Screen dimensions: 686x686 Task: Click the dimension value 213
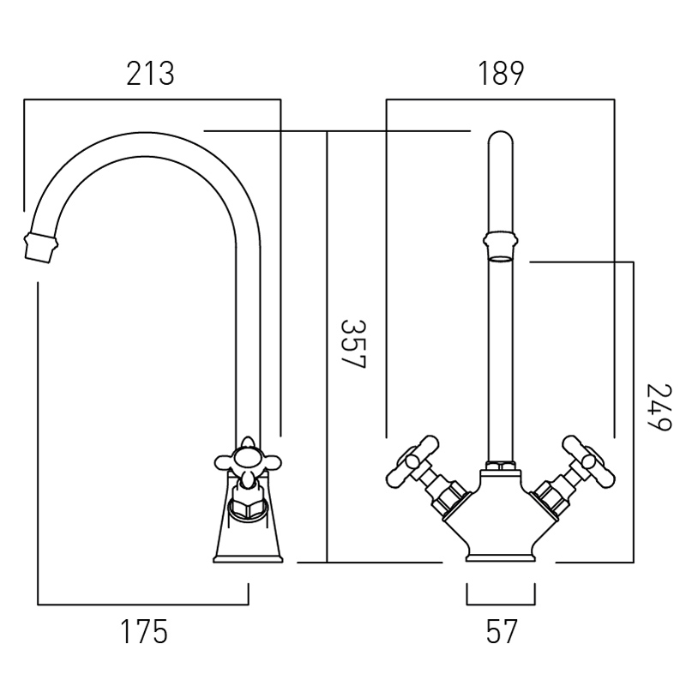[150, 74]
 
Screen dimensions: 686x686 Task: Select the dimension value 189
[501, 74]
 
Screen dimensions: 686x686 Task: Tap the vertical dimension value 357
[352, 344]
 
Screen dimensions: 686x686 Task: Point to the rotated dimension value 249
[659, 407]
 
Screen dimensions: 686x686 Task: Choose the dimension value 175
[144, 631]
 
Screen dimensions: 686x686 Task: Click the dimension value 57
[502, 631]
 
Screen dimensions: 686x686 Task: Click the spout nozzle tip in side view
[41, 249]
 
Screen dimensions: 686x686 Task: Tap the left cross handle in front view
[413, 460]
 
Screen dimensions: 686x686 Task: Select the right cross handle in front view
[588, 460]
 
